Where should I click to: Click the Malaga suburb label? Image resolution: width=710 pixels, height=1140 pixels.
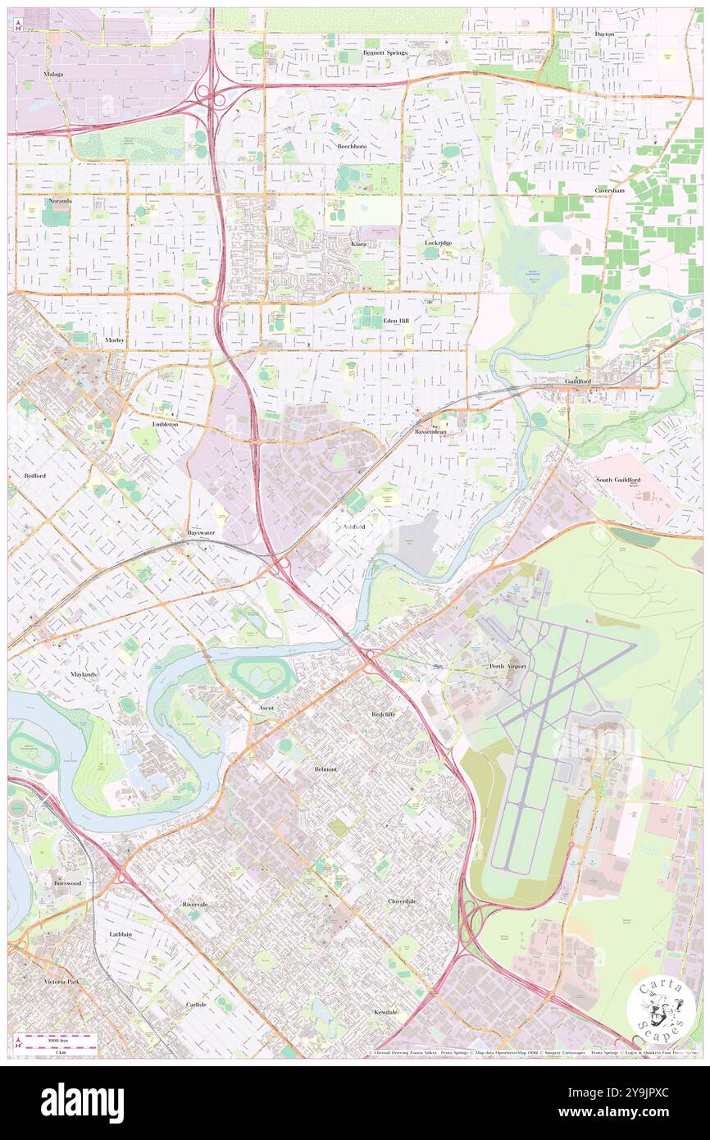(53, 74)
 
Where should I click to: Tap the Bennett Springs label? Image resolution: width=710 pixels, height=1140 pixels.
(385, 52)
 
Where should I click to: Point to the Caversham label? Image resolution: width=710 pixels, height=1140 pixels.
(611, 189)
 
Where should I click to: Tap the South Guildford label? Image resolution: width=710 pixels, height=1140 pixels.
(618, 479)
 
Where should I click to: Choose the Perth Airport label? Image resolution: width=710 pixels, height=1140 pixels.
(507, 666)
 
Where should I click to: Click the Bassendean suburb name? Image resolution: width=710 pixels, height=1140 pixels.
(431, 431)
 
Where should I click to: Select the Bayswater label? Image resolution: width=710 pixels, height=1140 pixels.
(201, 532)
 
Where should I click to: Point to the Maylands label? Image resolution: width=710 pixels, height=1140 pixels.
(83, 674)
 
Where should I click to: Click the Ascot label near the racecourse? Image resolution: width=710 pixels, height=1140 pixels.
(266, 707)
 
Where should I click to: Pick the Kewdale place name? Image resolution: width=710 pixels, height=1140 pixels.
(385, 1012)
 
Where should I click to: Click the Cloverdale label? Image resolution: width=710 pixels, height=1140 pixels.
(402, 901)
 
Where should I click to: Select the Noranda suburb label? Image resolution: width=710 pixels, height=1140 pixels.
(59, 200)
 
